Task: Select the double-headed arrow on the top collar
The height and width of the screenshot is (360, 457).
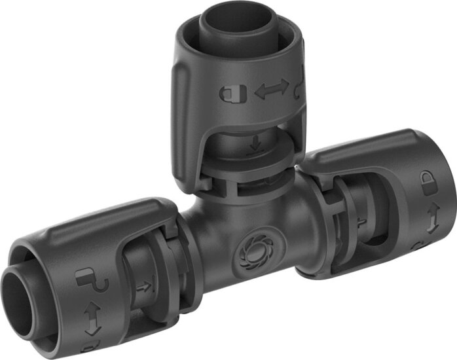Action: click(270, 92)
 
